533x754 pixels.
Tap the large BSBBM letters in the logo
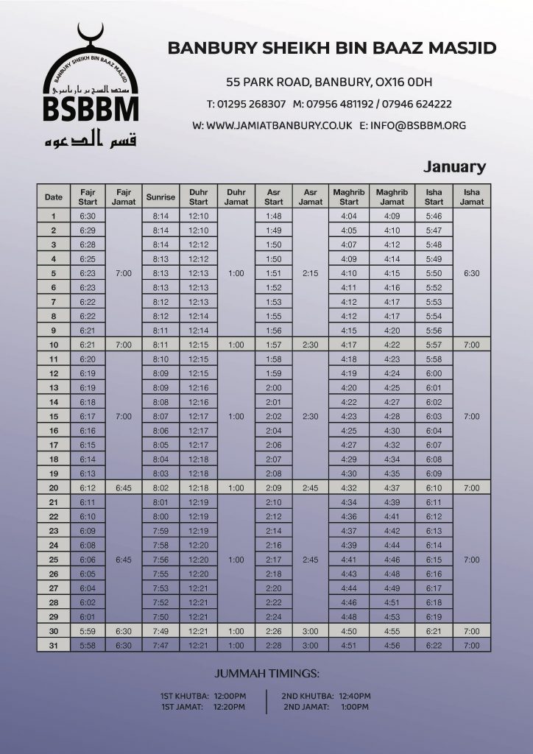click(91, 109)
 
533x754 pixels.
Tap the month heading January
click(454, 167)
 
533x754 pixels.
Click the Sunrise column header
click(160, 197)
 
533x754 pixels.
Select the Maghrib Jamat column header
click(392, 197)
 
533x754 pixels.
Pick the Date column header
click(54, 197)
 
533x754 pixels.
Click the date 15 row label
click(54, 417)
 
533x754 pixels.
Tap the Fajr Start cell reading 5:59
click(88, 631)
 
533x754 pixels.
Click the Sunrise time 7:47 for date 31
click(160, 646)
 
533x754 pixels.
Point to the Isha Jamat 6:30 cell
click(471, 273)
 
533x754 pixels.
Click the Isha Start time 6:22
click(434, 646)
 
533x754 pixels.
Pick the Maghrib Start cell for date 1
click(349, 216)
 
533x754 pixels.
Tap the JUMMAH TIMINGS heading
click(266, 673)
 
